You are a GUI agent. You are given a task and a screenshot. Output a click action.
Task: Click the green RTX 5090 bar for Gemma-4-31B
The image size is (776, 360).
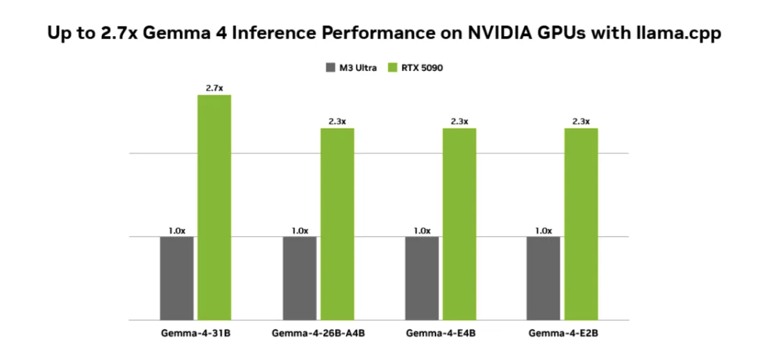point(214,207)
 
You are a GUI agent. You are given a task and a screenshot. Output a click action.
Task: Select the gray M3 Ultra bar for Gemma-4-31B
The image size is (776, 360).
point(177,278)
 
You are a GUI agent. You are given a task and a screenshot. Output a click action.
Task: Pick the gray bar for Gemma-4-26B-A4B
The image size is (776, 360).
point(299,278)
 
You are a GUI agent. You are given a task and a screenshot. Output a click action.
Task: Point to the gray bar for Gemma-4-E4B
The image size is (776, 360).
point(422,278)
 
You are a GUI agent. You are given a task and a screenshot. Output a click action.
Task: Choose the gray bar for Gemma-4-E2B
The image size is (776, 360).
point(543,278)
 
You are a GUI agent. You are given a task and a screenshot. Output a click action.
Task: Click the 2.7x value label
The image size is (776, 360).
point(214,88)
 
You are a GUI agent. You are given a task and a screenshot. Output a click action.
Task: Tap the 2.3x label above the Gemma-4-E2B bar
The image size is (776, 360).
point(581,121)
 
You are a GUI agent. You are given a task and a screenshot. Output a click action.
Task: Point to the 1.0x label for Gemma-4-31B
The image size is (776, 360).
point(177,230)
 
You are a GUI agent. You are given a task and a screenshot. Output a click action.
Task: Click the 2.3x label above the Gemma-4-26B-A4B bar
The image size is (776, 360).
point(337,121)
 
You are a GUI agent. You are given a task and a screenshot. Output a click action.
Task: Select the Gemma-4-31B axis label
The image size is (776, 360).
point(195,333)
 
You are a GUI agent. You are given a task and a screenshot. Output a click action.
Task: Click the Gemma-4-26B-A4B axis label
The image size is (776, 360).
point(318,333)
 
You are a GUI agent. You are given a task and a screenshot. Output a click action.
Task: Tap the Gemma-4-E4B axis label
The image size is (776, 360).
point(441,333)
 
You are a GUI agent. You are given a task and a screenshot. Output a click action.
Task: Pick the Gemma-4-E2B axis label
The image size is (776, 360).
point(563,333)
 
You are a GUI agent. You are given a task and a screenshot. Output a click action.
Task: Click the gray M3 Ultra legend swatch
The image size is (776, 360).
point(330,67)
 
